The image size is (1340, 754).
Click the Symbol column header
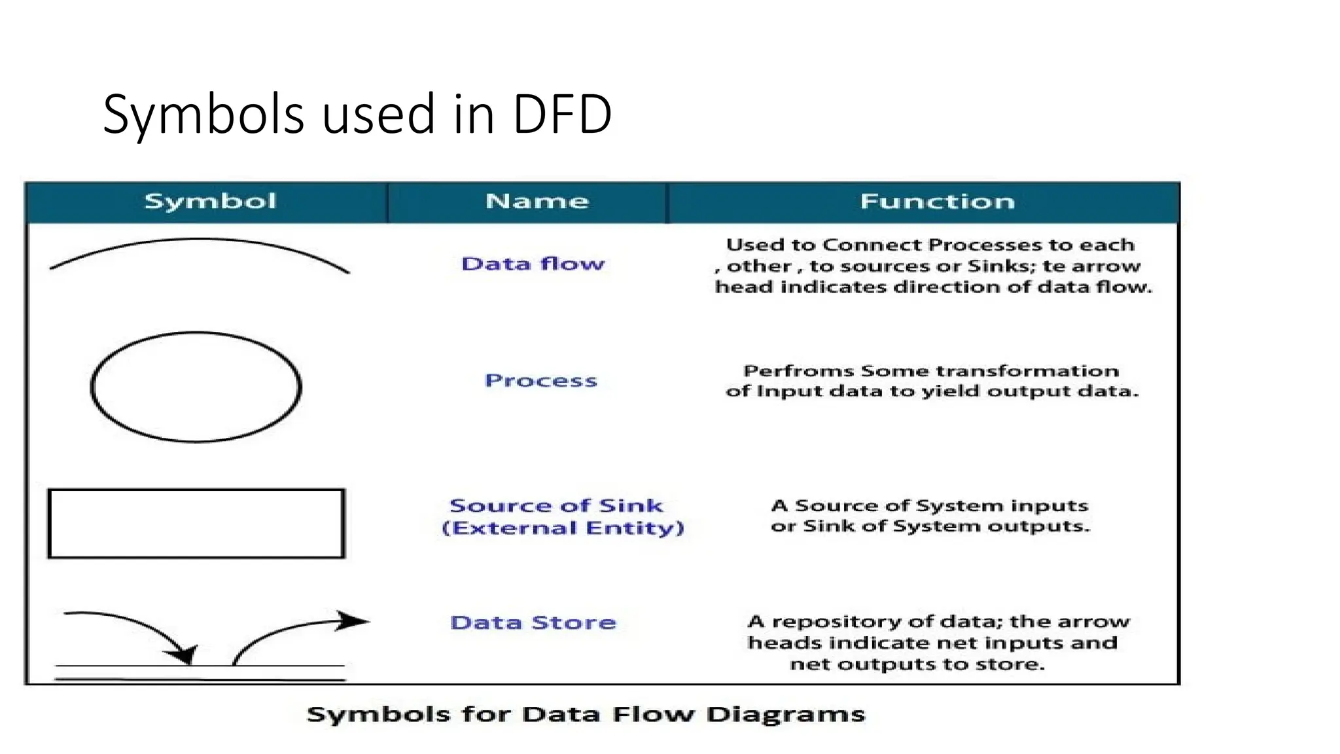pos(210,201)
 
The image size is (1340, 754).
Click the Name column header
pos(537,201)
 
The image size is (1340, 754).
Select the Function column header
pos(937,201)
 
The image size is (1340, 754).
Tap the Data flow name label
pos(533,264)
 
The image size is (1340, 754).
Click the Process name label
pos(540,380)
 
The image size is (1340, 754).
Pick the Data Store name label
pos(533,622)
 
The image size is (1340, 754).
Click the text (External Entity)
pos(563,528)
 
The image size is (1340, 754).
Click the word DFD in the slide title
pos(561,115)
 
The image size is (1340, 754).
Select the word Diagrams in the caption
pos(785,714)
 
